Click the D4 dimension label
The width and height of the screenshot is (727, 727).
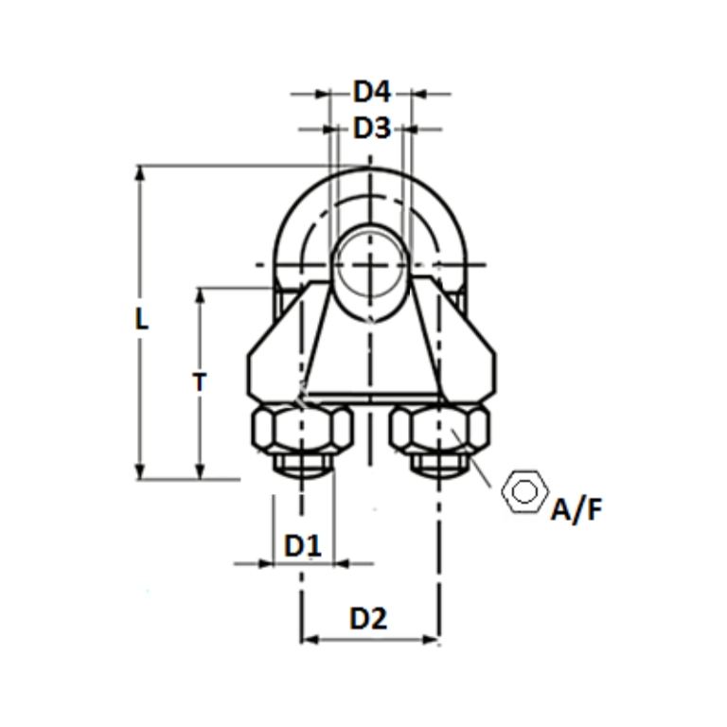(371, 93)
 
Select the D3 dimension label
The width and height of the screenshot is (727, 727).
(371, 128)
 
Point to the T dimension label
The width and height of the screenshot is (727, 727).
(199, 381)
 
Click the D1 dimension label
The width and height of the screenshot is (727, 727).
(303, 546)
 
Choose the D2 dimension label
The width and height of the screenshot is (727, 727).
(368, 619)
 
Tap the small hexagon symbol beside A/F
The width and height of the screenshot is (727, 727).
(524, 490)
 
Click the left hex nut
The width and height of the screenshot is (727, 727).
(301, 431)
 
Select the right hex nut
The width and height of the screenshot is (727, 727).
(439, 431)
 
